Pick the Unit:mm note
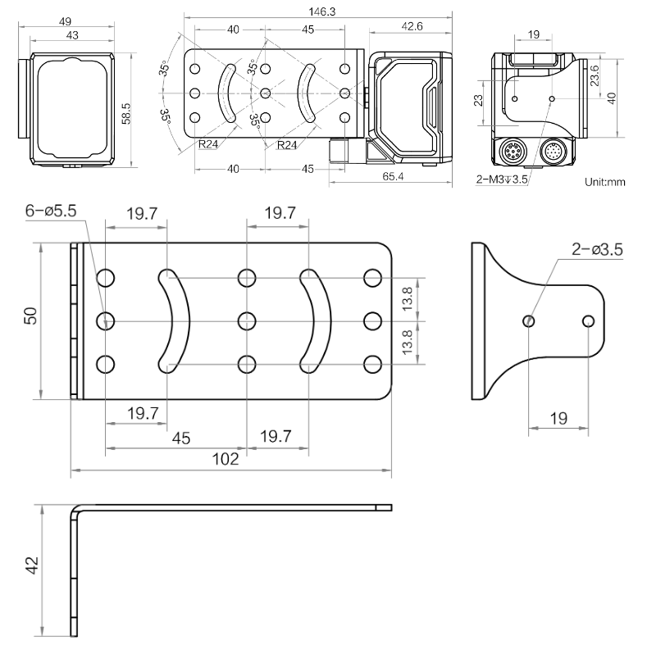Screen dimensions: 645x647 click(x=605, y=181)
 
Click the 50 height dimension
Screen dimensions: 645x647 click(x=30, y=316)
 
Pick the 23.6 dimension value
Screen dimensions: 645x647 click(x=597, y=75)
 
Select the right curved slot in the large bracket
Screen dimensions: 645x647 click(x=315, y=320)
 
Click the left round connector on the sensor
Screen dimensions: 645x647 click(x=513, y=152)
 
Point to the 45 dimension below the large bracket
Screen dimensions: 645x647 click(x=182, y=438)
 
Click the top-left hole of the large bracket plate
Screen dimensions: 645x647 click(x=106, y=279)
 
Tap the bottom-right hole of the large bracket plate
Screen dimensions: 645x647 click(x=372, y=362)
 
